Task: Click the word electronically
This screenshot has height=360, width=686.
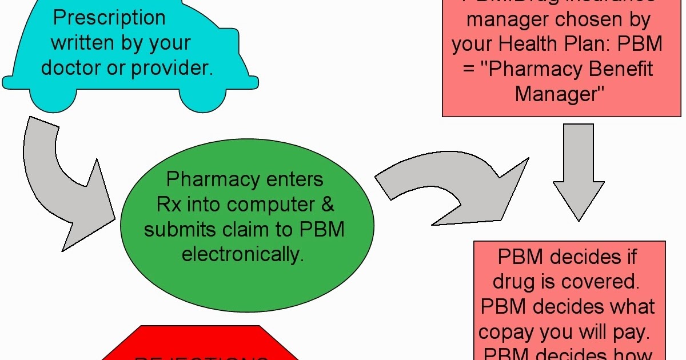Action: [x=242, y=254]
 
